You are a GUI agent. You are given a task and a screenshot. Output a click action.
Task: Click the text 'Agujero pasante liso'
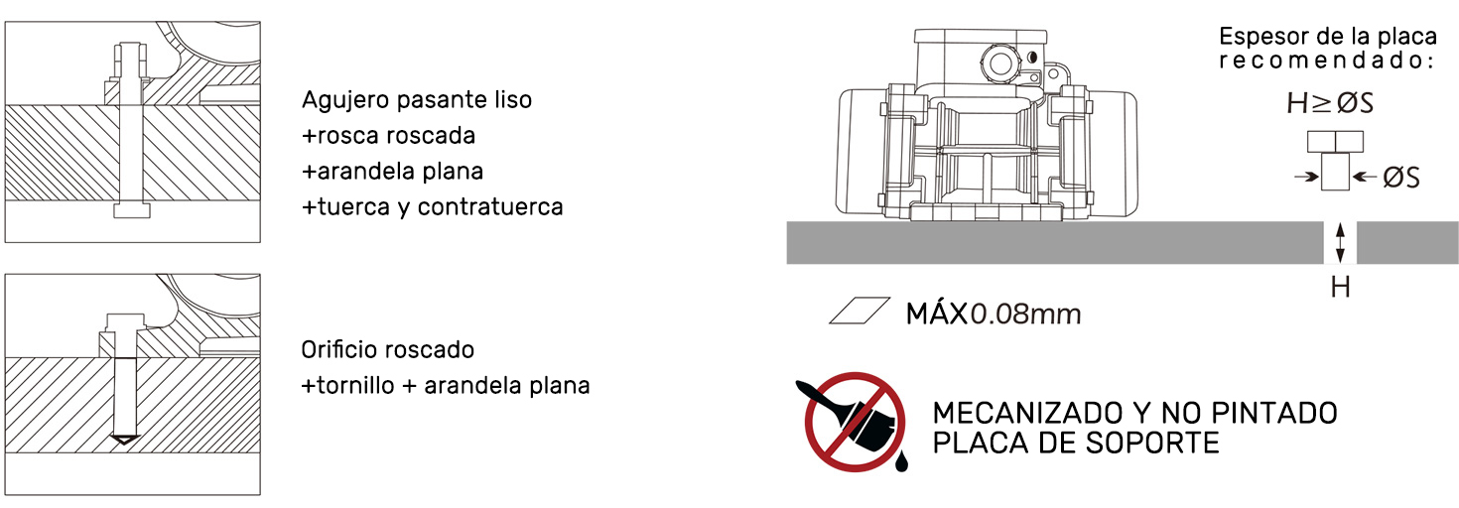click(417, 100)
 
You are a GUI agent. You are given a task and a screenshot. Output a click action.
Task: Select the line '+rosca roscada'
click(388, 136)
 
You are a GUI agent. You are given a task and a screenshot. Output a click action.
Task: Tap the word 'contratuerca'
click(490, 207)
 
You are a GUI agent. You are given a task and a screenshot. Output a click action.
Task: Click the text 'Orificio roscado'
click(387, 349)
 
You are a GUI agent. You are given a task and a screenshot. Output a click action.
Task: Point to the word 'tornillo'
click(355, 386)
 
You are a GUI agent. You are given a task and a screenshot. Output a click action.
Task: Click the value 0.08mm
click(1025, 315)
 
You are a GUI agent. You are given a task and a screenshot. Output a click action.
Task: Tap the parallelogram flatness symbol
click(860, 311)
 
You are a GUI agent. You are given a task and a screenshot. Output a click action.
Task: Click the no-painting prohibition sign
click(855, 422)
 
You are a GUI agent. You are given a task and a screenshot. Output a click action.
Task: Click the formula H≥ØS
click(1330, 103)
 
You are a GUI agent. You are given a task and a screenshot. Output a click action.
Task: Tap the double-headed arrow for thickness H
click(1340, 242)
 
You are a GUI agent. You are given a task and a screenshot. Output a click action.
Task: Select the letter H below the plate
click(1341, 287)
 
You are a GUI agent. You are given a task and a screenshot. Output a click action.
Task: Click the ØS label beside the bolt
click(1401, 178)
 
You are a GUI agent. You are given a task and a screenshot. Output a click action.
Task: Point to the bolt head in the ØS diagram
click(1335, 142)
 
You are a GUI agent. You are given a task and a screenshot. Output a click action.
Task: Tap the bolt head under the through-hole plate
click(132, 211)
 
